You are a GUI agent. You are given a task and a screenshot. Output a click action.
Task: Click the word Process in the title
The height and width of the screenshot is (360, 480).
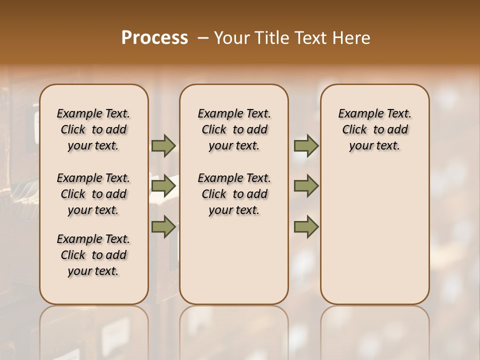(154, 37)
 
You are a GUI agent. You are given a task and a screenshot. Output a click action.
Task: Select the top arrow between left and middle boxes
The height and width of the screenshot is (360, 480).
(163, 145)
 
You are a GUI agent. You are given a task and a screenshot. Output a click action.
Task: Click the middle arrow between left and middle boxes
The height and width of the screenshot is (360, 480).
(163, 186)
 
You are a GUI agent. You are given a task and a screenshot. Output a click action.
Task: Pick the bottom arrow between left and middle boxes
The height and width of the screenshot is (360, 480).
(163, 227)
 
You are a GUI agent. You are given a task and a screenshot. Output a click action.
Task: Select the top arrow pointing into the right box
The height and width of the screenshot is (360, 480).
(306, 145)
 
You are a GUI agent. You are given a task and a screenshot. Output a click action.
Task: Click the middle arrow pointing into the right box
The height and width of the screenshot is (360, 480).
(306, 186)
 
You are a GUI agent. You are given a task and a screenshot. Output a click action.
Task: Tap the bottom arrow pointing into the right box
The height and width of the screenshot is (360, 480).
(306, 227)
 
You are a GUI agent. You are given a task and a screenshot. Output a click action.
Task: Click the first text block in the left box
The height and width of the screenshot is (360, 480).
(93, 129)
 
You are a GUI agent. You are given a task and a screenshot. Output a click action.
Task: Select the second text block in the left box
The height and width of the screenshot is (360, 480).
(93, 194)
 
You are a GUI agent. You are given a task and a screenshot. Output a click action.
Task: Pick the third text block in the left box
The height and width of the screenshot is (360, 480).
(93, 255)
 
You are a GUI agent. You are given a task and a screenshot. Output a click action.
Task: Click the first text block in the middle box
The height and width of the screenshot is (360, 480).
(234, 129)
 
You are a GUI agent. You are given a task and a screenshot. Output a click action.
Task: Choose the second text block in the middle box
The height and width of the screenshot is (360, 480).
(234, 194)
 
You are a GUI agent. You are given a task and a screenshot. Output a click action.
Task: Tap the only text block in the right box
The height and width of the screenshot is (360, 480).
(374, 129)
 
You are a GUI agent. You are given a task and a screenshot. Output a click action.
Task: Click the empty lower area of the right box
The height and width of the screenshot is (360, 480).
(374, 240)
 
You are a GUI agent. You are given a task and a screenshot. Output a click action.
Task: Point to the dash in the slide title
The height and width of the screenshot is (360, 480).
(203, 37)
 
